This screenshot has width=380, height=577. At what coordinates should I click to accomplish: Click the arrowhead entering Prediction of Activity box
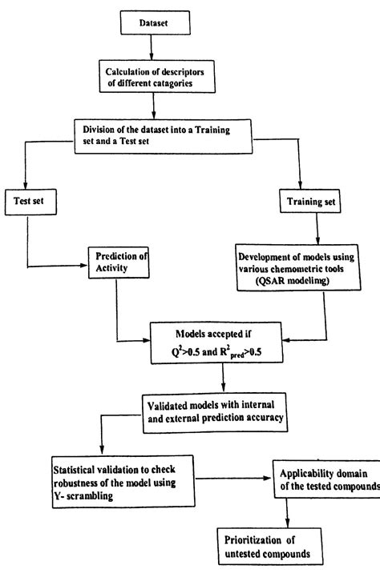[x=84, y=264]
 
